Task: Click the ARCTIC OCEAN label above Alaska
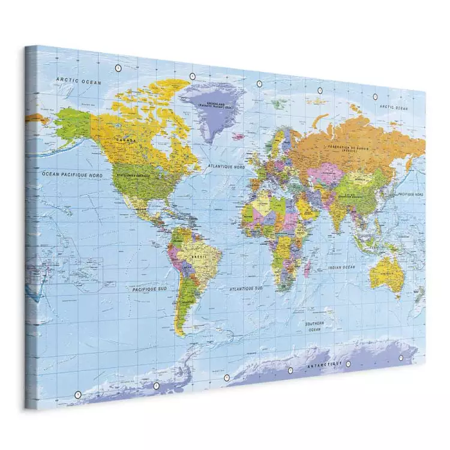coord(79,80)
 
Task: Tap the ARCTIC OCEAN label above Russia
coord(393,107)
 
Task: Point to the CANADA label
coord(127,140)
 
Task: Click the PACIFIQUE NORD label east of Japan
coord(411,194)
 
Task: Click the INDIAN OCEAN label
coord(341,267)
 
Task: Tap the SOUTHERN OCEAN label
coord(315,326)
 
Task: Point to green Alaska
coord(74,122)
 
